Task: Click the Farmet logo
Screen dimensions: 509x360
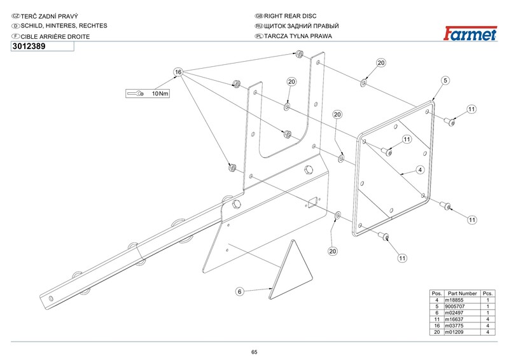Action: [x=470, y=34]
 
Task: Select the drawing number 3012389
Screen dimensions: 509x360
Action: [x=29, y=46]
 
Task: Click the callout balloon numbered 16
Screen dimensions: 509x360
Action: [x=178, y=72]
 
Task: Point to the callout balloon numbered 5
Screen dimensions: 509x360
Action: [x=445, y=81]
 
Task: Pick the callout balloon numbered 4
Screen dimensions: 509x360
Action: [x=420, y=170]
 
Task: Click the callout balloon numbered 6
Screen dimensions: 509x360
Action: [x=240, y=291]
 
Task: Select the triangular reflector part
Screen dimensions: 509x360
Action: [x=291, y=270]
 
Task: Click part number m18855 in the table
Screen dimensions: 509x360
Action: [x=454, y=300]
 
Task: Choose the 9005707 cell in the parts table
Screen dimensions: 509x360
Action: [x=455, y=307]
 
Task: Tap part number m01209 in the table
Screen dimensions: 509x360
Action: [x=454, y=332]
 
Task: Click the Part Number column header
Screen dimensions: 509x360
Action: [x=463, y=293]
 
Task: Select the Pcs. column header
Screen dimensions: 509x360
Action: [x=487, y=293]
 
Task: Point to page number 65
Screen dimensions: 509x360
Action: [x=254, y=352]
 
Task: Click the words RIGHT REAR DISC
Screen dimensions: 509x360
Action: [x=290, y=16]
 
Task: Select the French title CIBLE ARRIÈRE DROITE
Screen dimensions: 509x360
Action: [x=55, y=37]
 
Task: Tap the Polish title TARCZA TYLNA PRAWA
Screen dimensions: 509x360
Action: [x=298, y=36]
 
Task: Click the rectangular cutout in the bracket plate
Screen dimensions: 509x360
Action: [x=312, y=203]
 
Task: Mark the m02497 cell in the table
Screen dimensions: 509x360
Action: [x=454, y=313]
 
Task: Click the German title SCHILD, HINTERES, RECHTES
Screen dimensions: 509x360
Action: [x=64, y=26]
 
